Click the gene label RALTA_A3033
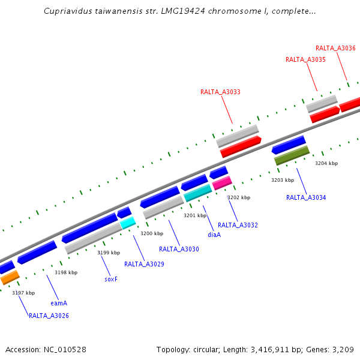point(220,92)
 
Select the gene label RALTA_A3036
point(335,48)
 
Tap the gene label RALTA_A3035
point(305,59)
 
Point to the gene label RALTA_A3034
point(306,197)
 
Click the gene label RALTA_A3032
point(238,225)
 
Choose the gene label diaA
point(214,235)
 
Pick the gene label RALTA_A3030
point(179,249)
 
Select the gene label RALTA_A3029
point(144,264)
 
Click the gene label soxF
point(111,279)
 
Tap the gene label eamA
point(59,303)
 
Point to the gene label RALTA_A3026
point(49,316)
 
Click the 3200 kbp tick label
point(152,233)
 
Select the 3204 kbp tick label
point(326,163)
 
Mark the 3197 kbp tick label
point(23,293)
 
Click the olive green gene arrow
point(292,155)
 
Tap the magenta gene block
point(222,182)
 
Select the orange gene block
point(10,277)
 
